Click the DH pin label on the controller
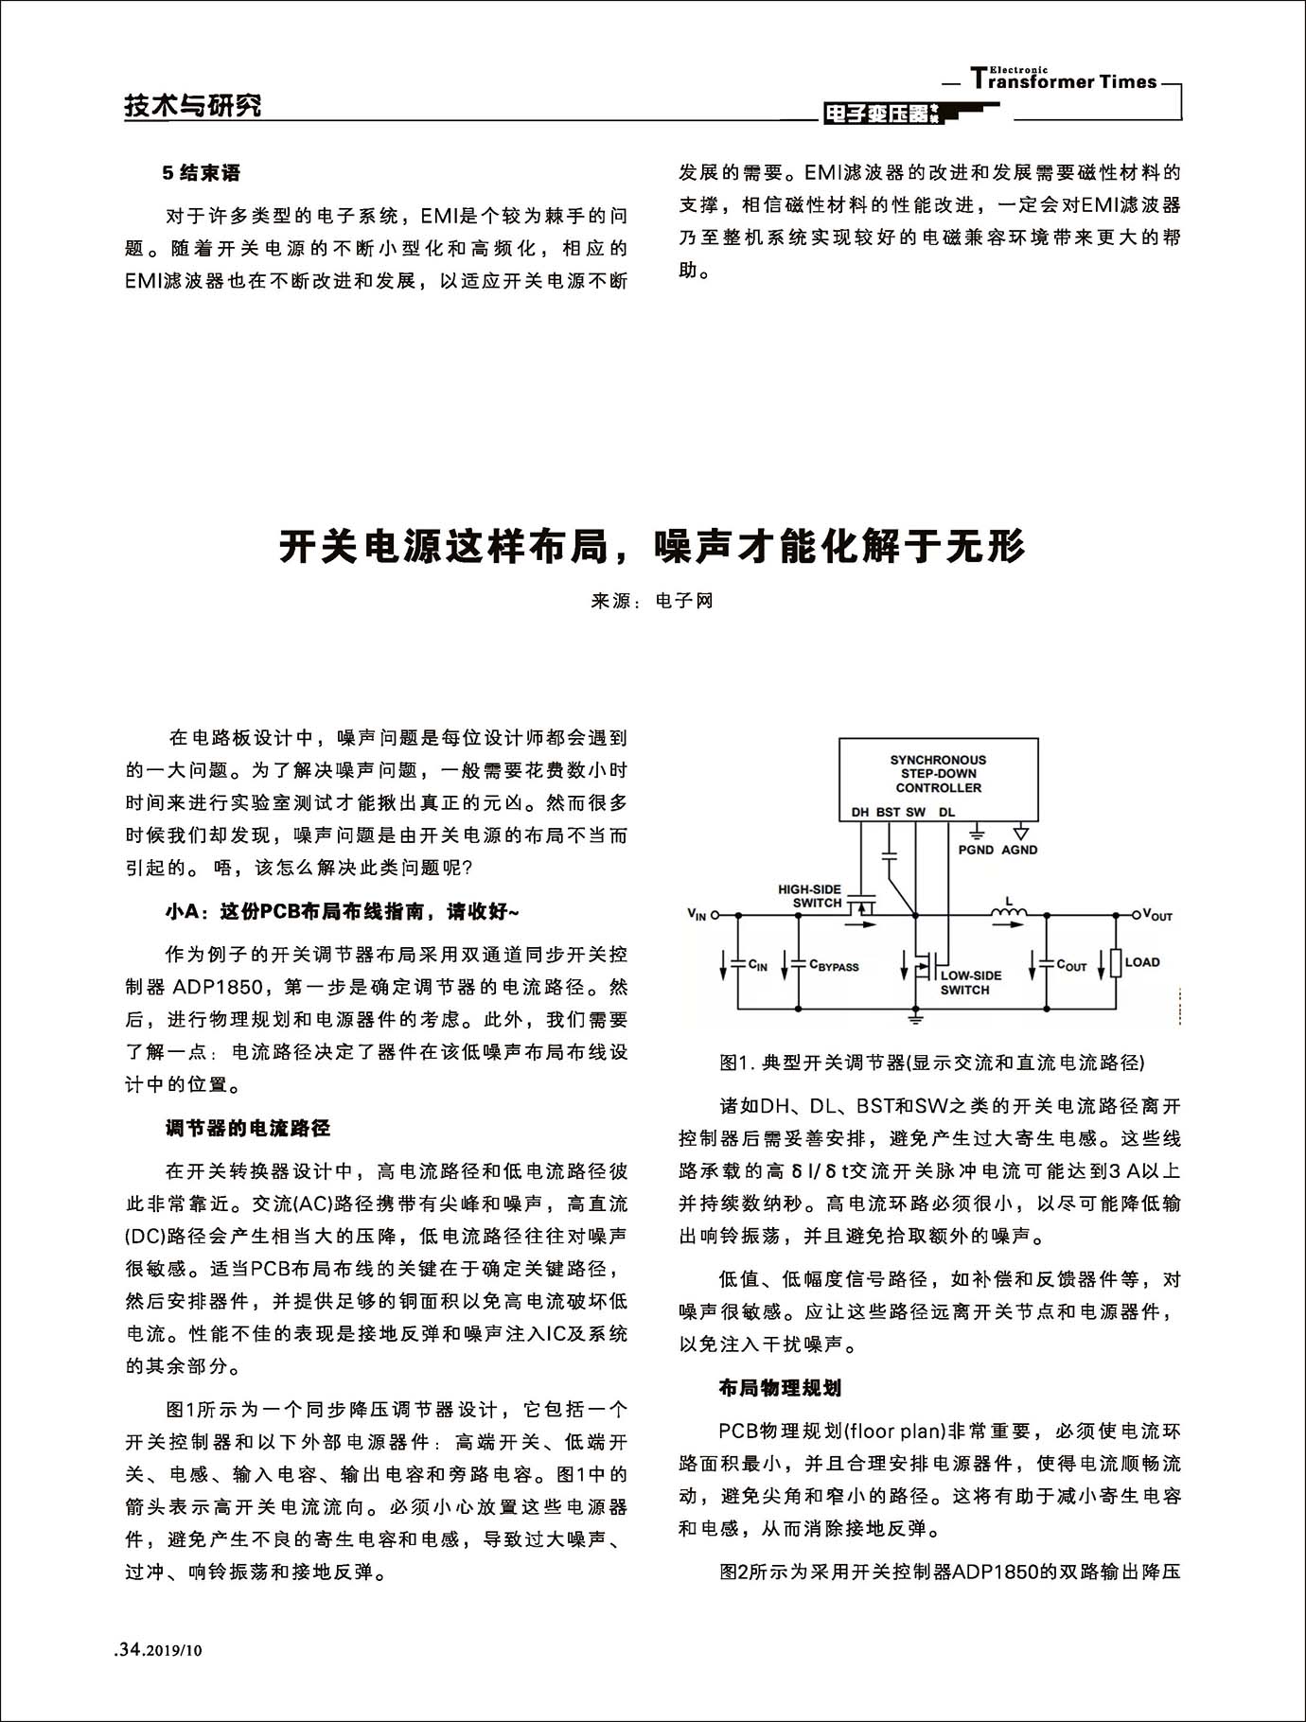click(859, 812)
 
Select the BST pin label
click(888, 812)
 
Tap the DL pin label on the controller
click(947, 812)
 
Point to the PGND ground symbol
click(977, 833)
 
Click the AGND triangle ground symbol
click(1020, 833)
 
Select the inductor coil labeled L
click(1009, 912)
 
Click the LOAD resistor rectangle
click(1117, 963)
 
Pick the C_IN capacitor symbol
click(737, 963)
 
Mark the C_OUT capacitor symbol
click(1047, 963)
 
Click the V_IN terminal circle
click(715, 915)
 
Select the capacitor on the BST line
click(889, 856)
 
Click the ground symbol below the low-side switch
click(915, 1018)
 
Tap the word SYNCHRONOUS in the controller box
click(938, 760)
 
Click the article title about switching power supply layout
click(652, 547)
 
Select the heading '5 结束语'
click(202, 173)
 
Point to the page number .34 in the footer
click(128, 1650)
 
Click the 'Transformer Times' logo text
click(1064, 81)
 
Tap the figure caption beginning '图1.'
click(931, 1063)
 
